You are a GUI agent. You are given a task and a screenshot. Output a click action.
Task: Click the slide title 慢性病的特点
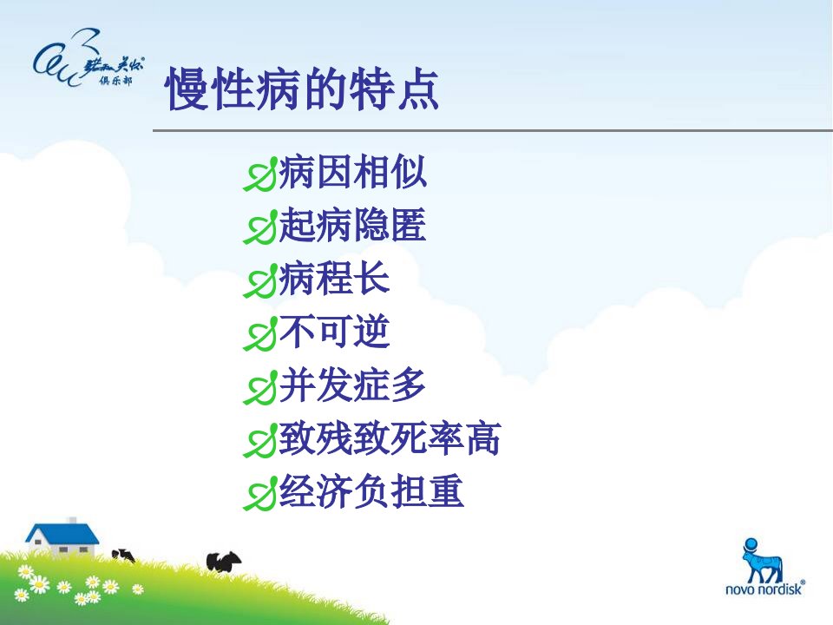(x=302, y=89)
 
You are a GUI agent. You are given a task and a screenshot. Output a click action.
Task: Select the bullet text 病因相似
(x=353, y=172)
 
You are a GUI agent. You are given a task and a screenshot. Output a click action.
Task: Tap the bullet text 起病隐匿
(x=353, y=225)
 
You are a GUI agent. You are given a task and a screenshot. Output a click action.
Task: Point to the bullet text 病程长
(x=335, y=278)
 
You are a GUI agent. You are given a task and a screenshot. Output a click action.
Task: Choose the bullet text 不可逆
(x=335, y=331)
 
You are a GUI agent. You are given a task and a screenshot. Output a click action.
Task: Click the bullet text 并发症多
(x=353, y=385)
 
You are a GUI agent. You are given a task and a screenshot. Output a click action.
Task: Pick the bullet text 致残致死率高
(x=390, y=437)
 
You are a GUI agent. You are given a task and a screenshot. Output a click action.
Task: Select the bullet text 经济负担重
(x=371, y=491)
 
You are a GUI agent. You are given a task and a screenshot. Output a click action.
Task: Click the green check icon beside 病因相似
(x=260, y=174)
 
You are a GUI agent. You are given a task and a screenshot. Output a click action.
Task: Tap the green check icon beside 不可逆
(x=260, y=333)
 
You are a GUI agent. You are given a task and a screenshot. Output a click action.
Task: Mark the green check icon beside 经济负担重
(x=260, y=493)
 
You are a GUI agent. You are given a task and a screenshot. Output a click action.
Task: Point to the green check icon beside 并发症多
(x=260, y=387)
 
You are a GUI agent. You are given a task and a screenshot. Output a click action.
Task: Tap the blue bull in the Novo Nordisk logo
(x=763, y=562)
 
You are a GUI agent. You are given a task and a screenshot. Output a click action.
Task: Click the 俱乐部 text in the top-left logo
(x=115, y=80)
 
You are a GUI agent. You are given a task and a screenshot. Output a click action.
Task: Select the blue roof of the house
(x=62, y=533)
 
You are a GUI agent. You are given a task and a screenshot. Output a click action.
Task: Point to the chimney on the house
(x=72, y=520)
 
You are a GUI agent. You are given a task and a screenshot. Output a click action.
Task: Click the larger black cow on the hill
(x=223, y=562)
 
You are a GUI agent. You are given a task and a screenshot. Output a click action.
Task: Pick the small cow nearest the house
(x=123, y=556)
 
